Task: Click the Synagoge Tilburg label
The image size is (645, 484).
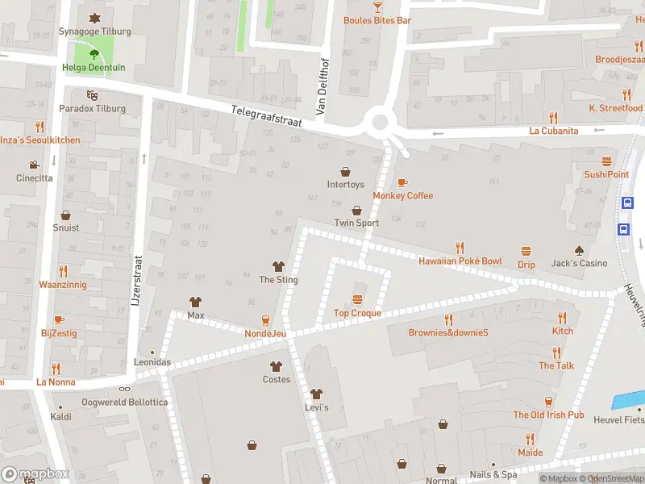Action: tap(94, 31)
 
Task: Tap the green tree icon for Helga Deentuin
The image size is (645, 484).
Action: tap(94, 55)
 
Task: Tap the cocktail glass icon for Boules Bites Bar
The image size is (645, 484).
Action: tap(377, 6)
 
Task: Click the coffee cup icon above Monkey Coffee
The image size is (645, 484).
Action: tap(402, 182)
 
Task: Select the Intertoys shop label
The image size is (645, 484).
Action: tap(345, 185)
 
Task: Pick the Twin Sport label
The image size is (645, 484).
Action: tap(356, 223)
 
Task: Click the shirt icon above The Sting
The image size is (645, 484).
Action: tap(278, 266)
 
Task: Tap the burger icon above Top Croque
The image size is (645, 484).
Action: tap(357, 300)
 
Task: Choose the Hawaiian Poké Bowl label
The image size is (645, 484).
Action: tap(460, 261)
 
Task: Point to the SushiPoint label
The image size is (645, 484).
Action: tap(606, 174)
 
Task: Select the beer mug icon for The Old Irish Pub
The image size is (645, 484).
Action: tap(548, 401)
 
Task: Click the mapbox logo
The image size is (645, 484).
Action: tap(35, 474)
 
